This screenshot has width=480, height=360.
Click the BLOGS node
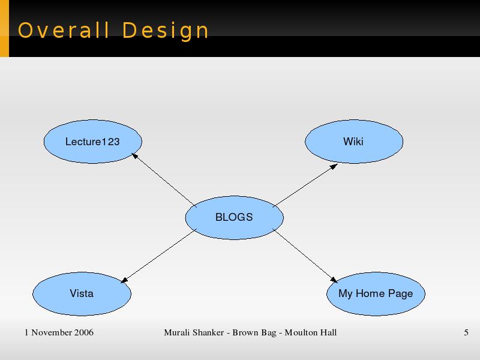pos(234,217)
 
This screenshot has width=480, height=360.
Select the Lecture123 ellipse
pos(93,142)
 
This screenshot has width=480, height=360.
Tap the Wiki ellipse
pos(354,142)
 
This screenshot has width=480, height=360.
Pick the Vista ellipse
pos(82,293)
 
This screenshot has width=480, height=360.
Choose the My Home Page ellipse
pos(376,293)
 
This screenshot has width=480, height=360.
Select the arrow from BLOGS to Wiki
pos(305,185)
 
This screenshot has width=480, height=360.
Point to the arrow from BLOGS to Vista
pos(158,256)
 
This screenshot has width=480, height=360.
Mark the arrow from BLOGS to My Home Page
pos(305,256)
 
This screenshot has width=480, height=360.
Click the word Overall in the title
pos(64,31)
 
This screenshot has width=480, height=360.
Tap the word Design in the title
pos(166,31)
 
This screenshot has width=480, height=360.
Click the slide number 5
pos(466,332)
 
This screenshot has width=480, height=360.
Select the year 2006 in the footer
pos(84,332)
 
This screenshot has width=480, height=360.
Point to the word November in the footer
pos(52,332)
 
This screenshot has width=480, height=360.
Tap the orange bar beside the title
pos(4,28)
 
